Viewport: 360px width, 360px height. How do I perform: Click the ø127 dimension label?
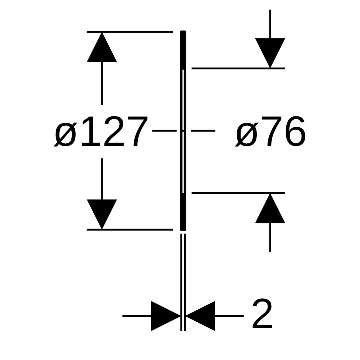tap(101, 131)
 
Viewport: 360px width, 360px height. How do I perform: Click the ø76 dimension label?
tap(270, 131)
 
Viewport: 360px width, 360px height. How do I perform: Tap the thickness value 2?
tap(262, 314)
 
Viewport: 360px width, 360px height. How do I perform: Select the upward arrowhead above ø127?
tap(102, 49)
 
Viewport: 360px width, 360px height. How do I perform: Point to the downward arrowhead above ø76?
tap(270, 52)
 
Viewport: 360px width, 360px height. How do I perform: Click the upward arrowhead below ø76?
tap(270, 210)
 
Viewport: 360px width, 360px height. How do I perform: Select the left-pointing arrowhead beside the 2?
tap(201, 316)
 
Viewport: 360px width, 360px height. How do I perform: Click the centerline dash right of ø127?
tap(164, 131)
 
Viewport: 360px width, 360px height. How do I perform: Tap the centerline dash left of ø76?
tap(203, 131)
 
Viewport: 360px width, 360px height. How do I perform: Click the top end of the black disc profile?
tap(183, 33)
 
